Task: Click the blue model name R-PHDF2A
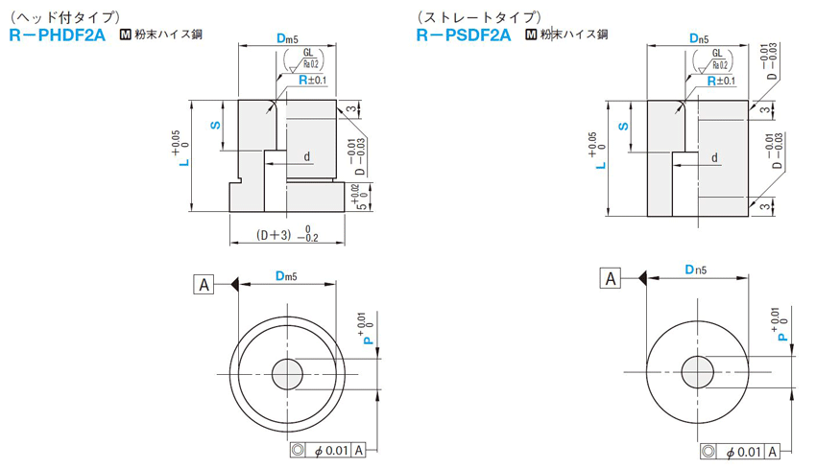click(x=58, y=35)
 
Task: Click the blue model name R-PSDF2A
click(x=464, y=35)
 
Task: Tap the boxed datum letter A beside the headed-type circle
click(x=204, y=285)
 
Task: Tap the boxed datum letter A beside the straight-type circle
click(x=611, y=279)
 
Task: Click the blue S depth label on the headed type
click(x=215, y=126)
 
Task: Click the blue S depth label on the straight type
click(x=623, y=127)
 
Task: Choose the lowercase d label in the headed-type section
click(x=307, y=156)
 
